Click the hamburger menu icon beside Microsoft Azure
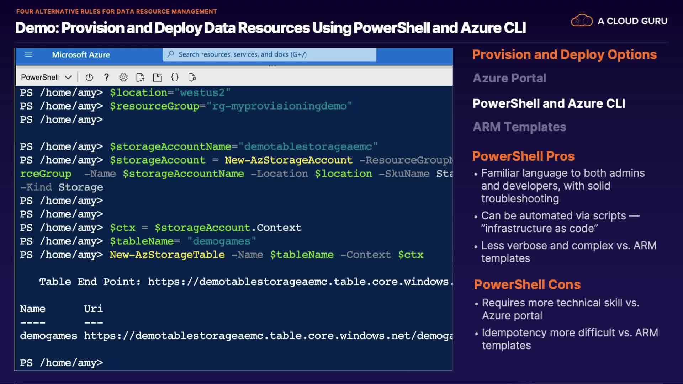pyautogui.click(x=28, y=54)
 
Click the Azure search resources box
pyautogui.click(x=269, y=54)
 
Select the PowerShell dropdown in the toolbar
pyautogui.click(x=46, y=77)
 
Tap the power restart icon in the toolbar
pyautogui.click(x=89, y=77)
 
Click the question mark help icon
pyautogui.click(x=106, y=77)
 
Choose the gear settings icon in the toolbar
pyautogui.click(x=123, y=77)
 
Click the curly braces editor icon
pyautogui.click(x=175, y=77)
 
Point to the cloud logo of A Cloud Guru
pyautogui.click(x=582, y=21)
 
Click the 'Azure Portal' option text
pyautogui.click(x=509, y=78)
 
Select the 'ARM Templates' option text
pyautogui.click(x=519, y=127)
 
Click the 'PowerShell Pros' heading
pyautogui.click(x=523, y=156)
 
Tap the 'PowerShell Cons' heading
pyautogui.click(x=527, y=284)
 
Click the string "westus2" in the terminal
pyautogui.click(x=202, y=92)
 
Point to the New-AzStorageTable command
pyautogui.click(x=167, y=255)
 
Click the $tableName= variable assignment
pyautogui.click(x=145, y=241)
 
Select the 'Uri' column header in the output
pyautogui.click(x=93, y=309)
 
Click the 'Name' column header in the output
pyautogui.click(x=33, y=309)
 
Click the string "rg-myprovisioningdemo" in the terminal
pyautogui.click(x=279, y=106)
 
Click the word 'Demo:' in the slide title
pyautogui.click(x=37, y=28)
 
